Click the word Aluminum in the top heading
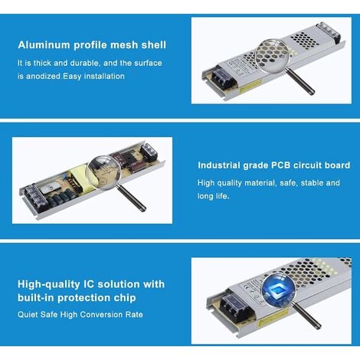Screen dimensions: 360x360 point(44,45)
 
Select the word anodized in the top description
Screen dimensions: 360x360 point(44,76)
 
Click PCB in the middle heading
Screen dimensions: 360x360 point(280,165)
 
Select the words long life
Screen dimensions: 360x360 point(213,196)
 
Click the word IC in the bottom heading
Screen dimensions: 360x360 point(89,284)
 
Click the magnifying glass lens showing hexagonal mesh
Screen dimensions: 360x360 point(272,56)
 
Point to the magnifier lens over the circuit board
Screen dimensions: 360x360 point(103,173)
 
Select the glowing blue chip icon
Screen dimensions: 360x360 point(278,290)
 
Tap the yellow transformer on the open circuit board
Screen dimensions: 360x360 point(80,178)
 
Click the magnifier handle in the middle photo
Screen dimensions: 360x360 point(133,198)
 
